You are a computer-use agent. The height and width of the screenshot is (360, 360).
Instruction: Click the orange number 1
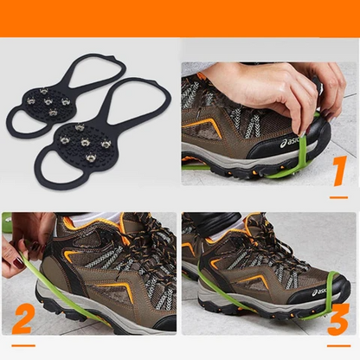340,171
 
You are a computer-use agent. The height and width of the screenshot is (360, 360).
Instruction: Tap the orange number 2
22,318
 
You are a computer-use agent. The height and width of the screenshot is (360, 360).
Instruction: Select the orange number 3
338,317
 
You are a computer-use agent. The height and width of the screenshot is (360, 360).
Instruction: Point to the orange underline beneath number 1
338,196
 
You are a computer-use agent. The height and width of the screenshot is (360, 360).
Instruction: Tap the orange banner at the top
180,17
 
